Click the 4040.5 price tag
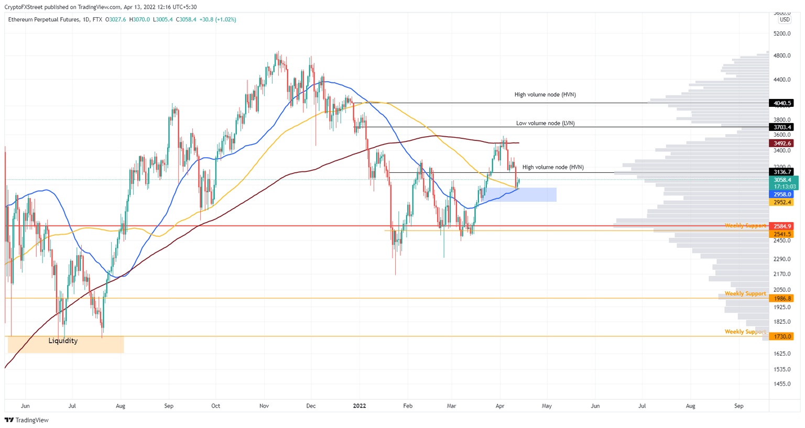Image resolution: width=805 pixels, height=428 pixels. point(780,103)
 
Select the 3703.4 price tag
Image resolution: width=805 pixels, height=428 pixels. point(780,127)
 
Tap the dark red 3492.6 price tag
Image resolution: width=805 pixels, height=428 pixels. point(780,143)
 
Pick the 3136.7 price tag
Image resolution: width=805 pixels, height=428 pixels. point(780,172)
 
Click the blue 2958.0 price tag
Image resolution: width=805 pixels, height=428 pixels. point(780,194)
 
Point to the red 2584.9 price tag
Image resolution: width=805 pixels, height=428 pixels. point(780,226)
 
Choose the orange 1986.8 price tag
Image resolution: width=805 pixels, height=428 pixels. point(780,299)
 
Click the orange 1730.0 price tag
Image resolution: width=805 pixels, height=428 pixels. point(780,336)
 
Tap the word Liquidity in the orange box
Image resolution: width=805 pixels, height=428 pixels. point(63,341)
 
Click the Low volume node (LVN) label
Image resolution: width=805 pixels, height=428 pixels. point(545,124)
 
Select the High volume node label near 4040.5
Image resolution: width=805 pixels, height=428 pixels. point(545,95)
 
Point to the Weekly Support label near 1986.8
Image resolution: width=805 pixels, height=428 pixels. point(745,294)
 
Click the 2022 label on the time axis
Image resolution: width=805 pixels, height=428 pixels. point(360,406)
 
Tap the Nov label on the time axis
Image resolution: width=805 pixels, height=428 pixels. point(264,406)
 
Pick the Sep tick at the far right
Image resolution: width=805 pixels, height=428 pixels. point(738,406)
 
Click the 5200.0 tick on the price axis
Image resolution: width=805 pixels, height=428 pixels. point(781,34)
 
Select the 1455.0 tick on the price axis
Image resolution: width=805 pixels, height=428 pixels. point(781,384)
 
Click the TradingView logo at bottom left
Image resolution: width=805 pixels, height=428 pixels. point(27,420)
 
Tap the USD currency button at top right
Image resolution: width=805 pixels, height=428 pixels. point(784,20)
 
